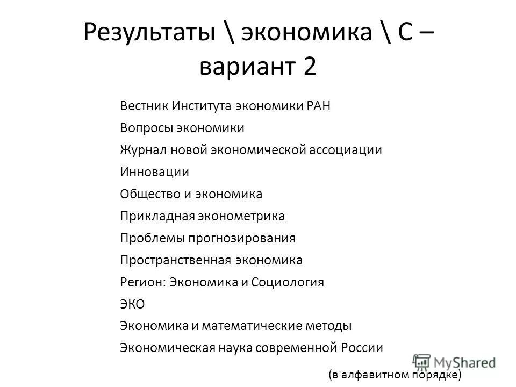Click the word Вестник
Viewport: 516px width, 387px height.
(x=144, y=106)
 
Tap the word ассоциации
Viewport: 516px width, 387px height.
(x=346, y=150)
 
